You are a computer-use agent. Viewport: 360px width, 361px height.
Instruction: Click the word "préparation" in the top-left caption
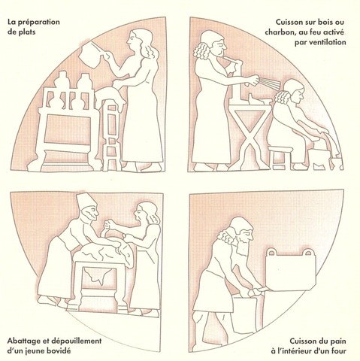41,22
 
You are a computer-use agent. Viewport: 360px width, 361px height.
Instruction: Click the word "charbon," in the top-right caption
280,32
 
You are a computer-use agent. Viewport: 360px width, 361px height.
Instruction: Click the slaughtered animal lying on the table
104,254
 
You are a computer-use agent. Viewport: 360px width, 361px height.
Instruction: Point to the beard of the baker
241,245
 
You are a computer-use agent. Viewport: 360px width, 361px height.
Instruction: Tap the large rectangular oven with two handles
291,269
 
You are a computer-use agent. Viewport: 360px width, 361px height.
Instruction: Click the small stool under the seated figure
280,157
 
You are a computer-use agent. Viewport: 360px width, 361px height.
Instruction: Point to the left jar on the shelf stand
61,80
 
